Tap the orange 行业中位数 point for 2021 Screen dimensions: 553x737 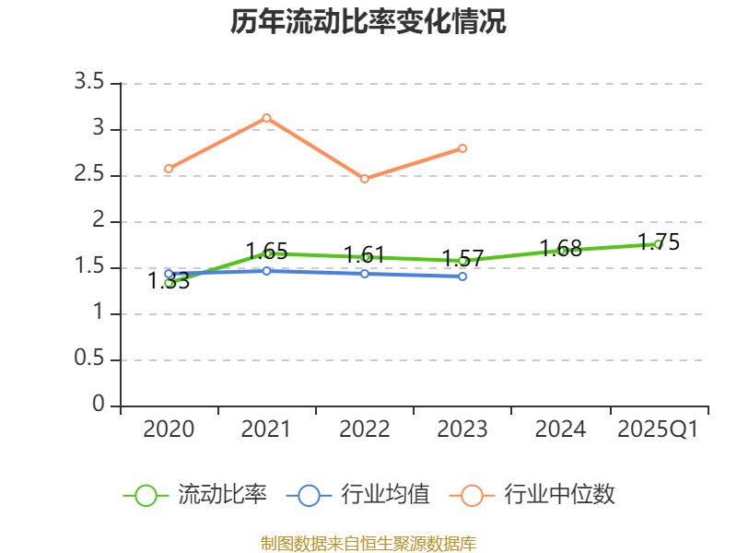[266, 118]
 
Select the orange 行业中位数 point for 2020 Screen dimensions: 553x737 [169, 169]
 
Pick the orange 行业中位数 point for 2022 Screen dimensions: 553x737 [365, 179]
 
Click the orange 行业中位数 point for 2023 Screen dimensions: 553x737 [462, 148]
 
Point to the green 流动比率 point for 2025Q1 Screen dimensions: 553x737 [659, 244]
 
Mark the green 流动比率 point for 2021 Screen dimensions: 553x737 [267, 253]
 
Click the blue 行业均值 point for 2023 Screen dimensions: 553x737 [462, 276]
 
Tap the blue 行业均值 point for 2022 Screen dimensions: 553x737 [365, 274]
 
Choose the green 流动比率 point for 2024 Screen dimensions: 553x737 [561, 251]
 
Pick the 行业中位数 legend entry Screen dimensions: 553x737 [532, 495]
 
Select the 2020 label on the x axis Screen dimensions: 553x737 [169, 429]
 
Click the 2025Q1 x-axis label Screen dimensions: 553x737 [658, 429]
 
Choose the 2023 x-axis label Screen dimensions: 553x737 [462, 429]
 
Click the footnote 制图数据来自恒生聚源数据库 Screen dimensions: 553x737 [368, 543]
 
